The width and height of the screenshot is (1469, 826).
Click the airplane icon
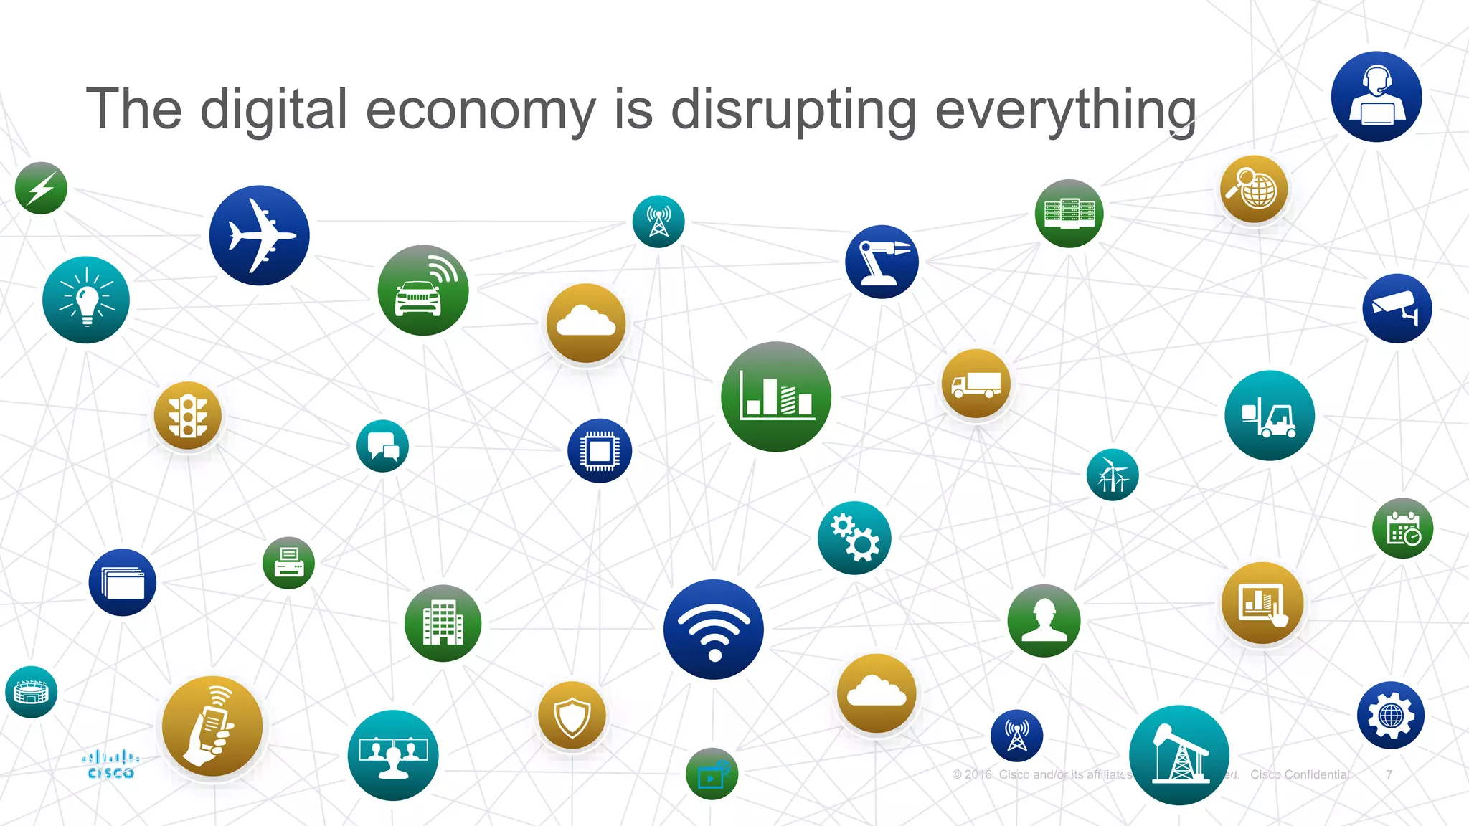(x=259, y=235)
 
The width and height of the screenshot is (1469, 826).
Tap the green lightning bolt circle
(x=41, y=188)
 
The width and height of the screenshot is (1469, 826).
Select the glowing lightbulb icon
(x=86, y=300)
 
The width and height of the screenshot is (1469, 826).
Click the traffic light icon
(x=188, y=415)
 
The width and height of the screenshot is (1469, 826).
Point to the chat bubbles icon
(x=382, y=445)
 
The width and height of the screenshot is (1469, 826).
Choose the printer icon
(x=288, y=563)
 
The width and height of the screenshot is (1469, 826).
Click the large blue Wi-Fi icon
(x=714, y=629)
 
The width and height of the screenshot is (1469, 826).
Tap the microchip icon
(x=600, y=450)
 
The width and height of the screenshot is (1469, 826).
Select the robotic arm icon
(x=882, y=262)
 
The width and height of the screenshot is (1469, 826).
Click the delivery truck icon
(x=976, y=384)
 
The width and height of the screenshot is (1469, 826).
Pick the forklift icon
(x=1270, y=415)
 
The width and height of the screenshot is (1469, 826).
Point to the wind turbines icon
(x=1113, y=475)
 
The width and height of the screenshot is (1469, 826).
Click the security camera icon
(x=1397, y=308)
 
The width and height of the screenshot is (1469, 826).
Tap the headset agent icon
(x=1376, y=97)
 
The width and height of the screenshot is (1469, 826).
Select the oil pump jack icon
(x=1178, y=755)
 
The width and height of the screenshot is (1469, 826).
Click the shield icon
(x=572, y=716)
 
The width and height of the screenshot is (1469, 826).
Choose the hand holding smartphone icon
(x=212, y=726)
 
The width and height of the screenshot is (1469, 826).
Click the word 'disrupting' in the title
(x=793, y=110)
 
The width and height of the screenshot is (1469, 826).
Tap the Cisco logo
(x=110, y=764)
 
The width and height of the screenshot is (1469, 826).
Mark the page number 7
(x=1389, y=774)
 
